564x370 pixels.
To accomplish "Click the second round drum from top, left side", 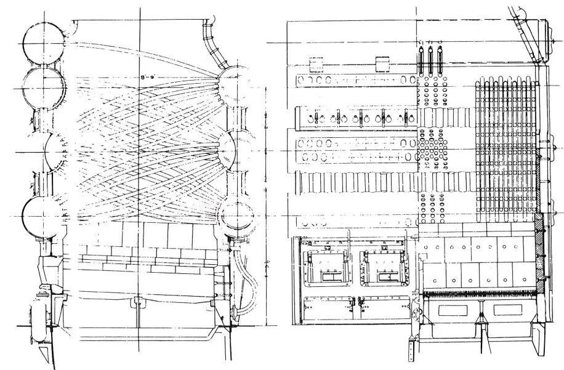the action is click(44, 87).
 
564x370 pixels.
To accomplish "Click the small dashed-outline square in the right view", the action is click(316, 63).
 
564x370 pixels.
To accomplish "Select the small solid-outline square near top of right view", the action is click(382, 63).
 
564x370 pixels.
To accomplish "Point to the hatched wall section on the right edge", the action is click(541, 252).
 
